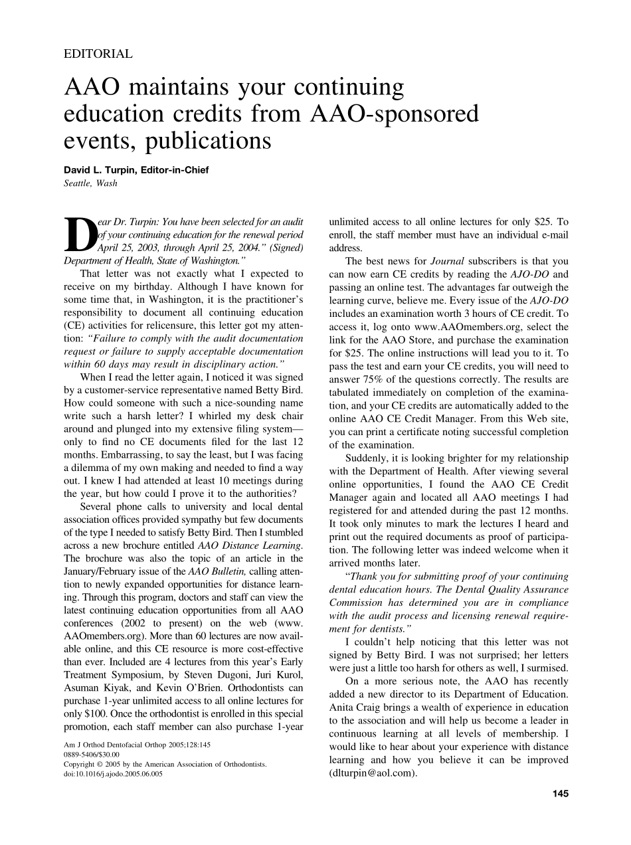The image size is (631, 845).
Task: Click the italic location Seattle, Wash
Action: click(90, 183)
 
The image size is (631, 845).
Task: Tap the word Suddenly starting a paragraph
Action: click(369, 458)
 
